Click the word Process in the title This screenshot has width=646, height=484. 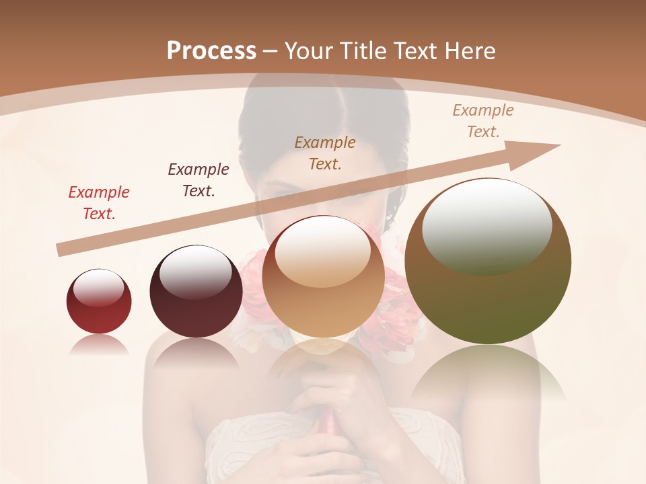(x=211, y=50)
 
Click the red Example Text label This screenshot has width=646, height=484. (x=99, y=203)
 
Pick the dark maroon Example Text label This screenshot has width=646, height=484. (x=199, y=179)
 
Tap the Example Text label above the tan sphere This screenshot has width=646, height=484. (x=325, y=153)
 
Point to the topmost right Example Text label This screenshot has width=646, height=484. (x=483, y=121)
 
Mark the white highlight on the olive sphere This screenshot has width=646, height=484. (x=487, y=225)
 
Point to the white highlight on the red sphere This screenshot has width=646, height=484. (x=98, y=286)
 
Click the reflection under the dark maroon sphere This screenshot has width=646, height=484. (x=196, y=354)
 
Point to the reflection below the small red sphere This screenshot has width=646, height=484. (x=99, y=345)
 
